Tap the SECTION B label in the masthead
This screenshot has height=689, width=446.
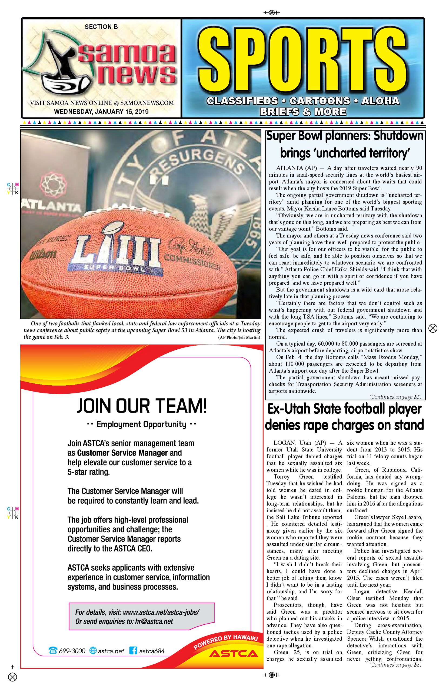click(101, 27)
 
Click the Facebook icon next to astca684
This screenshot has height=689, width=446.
click(133, 651)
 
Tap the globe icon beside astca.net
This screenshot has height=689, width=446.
click(93, 651)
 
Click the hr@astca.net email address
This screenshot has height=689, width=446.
click(154, 621)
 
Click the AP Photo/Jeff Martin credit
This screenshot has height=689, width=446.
click(239, 337)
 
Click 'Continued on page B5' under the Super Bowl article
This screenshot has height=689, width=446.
click(395, 397)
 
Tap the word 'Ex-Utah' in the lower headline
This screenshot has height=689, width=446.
click(288, 409)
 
